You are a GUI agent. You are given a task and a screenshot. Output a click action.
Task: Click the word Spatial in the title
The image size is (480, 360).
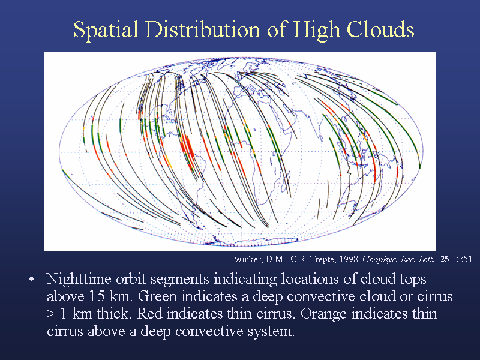pyautogui.click(x=106, y=29)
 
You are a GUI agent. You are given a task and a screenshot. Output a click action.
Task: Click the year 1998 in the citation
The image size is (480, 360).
pyautogui.click(x=350, y=259)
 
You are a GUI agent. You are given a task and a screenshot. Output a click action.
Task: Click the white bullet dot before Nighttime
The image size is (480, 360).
pyautogui.click(x=31, y=280)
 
